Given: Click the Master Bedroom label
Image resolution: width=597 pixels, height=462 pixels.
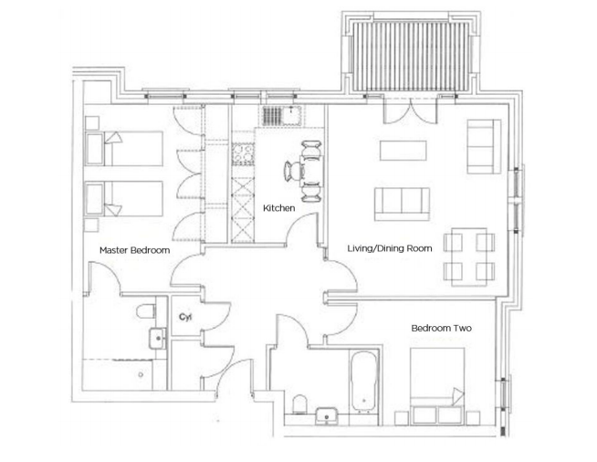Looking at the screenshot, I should pos(134,249).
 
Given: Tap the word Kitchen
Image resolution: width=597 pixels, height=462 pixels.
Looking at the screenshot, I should pos(278,209).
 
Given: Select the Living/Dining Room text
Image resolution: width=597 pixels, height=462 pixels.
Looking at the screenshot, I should pos(389,247).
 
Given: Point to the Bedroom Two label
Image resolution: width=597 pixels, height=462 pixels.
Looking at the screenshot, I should pos(441,328).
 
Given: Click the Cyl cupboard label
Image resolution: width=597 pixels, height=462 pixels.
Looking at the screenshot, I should pos(184,317).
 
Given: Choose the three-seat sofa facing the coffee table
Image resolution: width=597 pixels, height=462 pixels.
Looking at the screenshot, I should pos(402,200).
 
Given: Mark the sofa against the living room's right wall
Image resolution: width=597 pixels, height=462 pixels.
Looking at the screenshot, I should pos(483,146).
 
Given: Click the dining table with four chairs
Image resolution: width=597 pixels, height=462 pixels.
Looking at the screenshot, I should pos(468,256).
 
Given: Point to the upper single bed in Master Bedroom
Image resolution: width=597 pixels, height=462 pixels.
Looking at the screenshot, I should pos(123,147).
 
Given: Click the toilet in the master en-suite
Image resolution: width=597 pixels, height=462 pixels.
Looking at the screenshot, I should pos(144,313).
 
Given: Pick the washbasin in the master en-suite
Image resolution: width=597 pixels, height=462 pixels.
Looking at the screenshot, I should pos(158,339).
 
